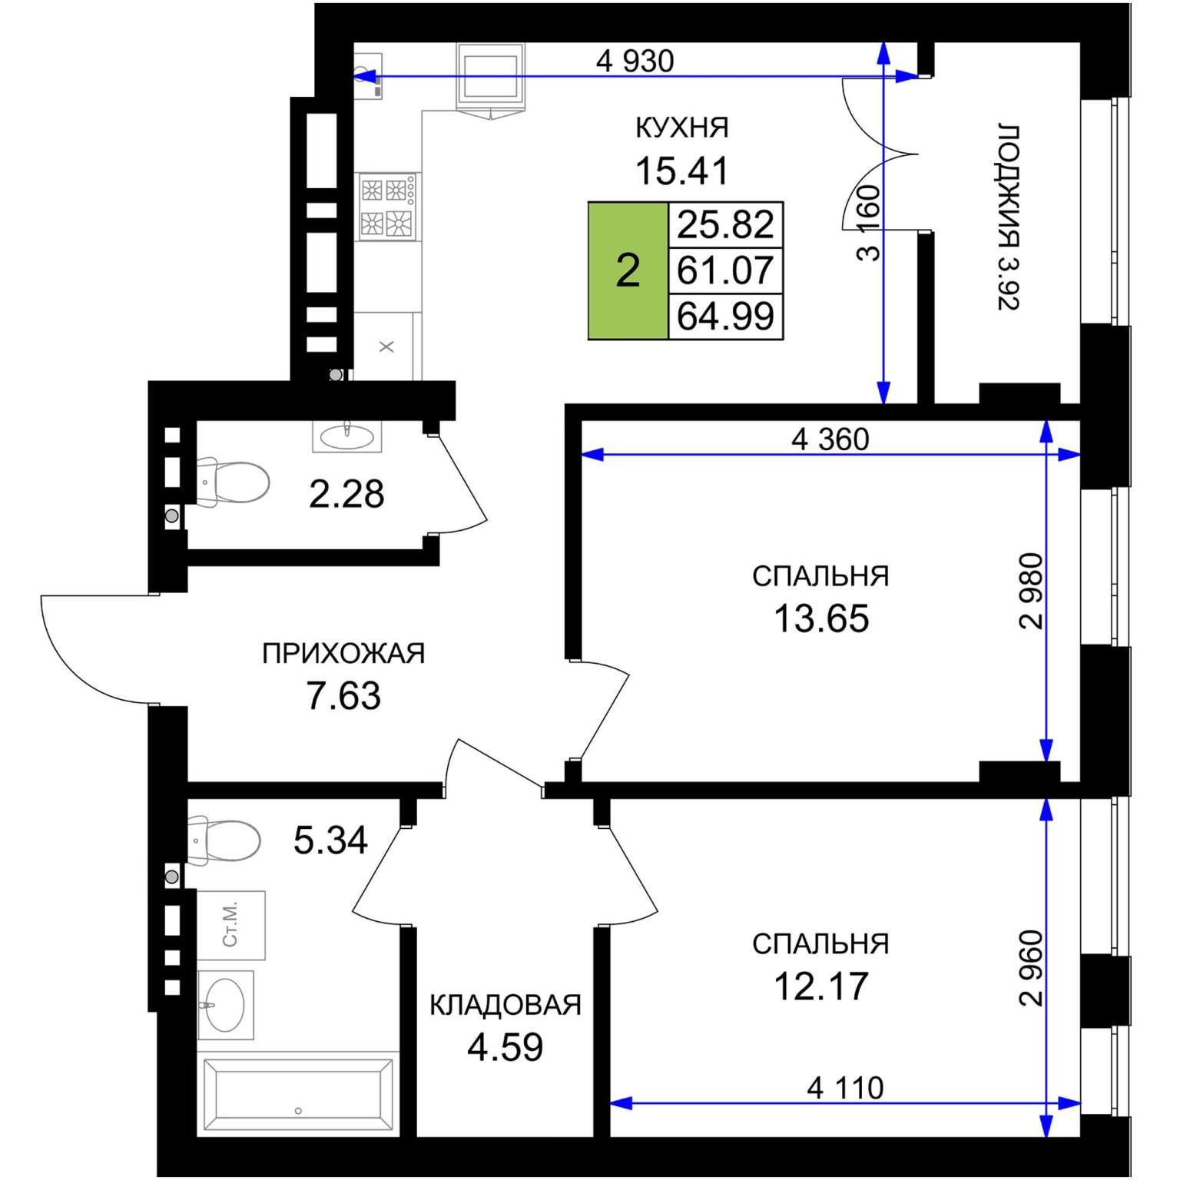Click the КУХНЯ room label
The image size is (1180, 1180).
pyautogui.click(x=682, y=127)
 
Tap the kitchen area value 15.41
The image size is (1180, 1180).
pyautogui.click(x=681, y=171)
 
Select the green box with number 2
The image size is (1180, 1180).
pyautogui.click(x=628, y=270)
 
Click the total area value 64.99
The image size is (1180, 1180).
pyautogui.click(x=725, y=316)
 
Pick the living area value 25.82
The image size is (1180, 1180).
pyautogui.click(x=725, y=224)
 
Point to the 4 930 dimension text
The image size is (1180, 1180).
pyautogui.click(x=635, y=61)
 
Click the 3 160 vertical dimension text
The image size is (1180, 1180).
pyautogui.click(x=869, y=223)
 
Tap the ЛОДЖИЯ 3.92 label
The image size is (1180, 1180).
pyautogui.click(x=1009, y=216)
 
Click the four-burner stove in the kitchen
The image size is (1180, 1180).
pyautogui.click(x=389, y=206)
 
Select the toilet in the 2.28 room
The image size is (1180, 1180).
pyautogui.click(x=232, y=482)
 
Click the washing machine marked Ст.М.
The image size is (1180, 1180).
pyautogui.click(x=231, y=925)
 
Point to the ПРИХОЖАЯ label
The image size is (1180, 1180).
pyautogui.click(x=343, y=653)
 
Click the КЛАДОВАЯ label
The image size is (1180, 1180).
pyautogui.click(x=505, y=1005)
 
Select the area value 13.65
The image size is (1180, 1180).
pyautogui.click(x=821, y=618)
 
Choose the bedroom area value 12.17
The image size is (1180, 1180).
pyautogui.click(x=821, y=986)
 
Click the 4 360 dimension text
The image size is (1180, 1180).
pyautogui.click(x=830, y=439)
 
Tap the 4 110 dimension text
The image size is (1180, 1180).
pyautogui.click(x=846, y=1088)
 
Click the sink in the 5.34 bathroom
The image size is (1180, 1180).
pyautogui.click(x=225, y=1004)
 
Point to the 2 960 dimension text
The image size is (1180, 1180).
pyautogui.click(x=1031, y=968)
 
